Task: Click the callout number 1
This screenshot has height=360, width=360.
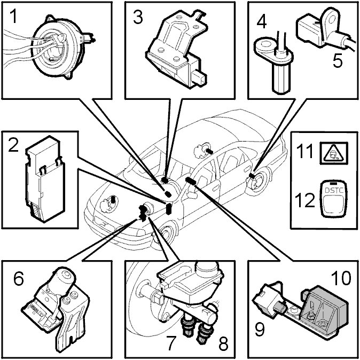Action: (x=13, y=18)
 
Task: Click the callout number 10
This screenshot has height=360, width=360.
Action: (x=340, y=278)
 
